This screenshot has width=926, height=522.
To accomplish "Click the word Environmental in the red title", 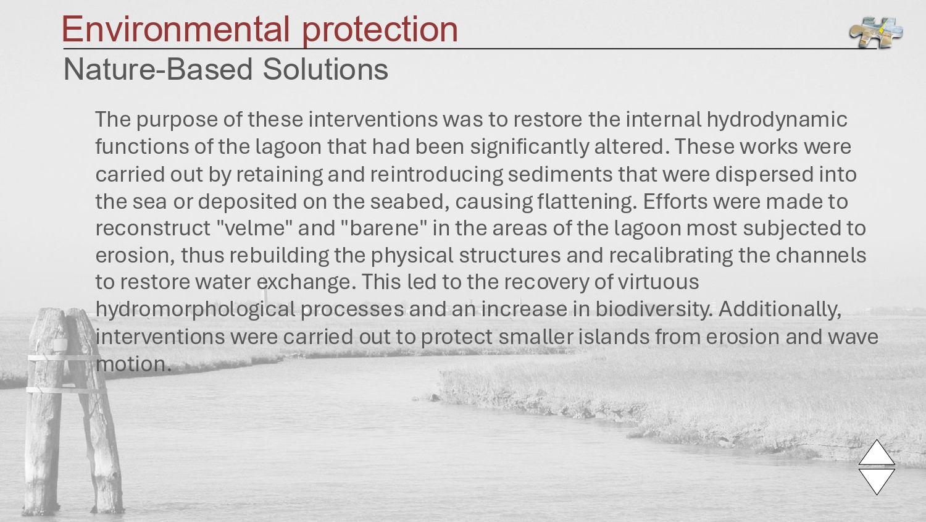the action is pyautogui.click(x=175, y=29).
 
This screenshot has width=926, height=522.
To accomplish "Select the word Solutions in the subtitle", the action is pyautogui.click(x=325, y=69).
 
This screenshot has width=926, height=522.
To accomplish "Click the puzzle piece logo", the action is pyautogui.click(x=876, y=32).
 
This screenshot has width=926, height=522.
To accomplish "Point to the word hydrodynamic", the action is pyautogui.click(x=777, y=120).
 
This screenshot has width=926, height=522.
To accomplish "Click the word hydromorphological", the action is pyautogui.click(x=195, y=310).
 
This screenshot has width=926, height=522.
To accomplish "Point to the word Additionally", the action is pyautogui.click(x=780, y=310).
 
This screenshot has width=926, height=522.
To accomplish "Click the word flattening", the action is pyautogui.click(x=587, y=202).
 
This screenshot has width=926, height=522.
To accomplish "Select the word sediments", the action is pyautogui.click(x=560, y=174).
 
